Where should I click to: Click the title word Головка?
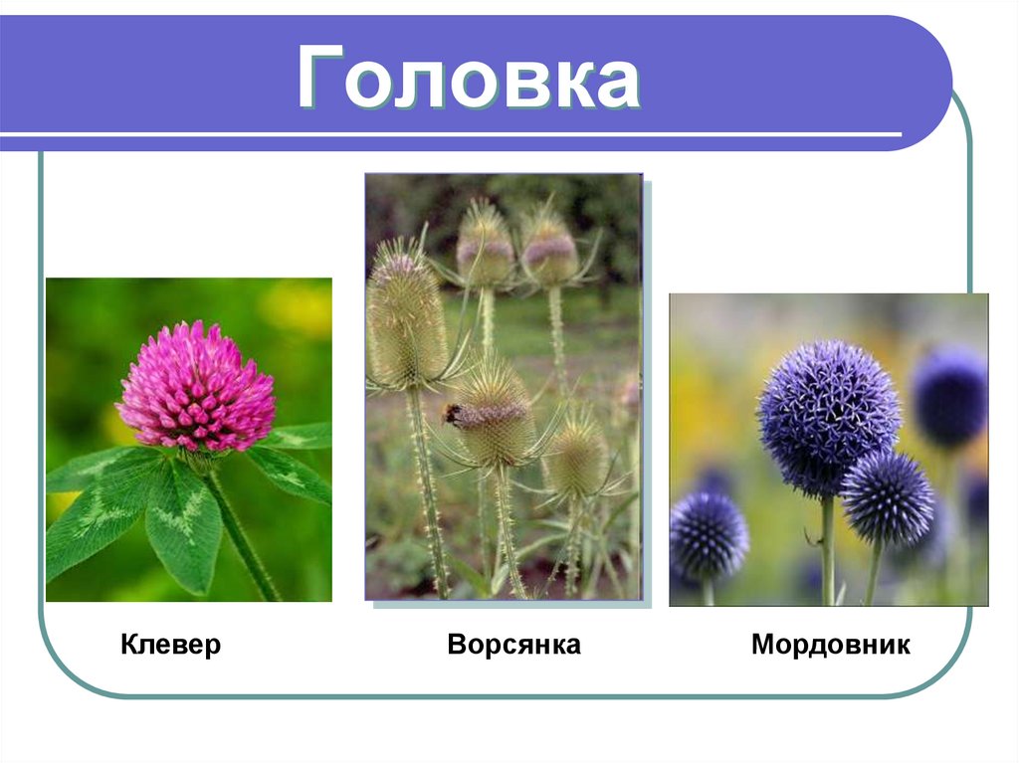click(x=468, y=80)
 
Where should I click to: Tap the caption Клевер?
click(x=170, y=645)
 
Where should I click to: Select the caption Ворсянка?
click(x=513, y=645)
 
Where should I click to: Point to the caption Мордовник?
click(x=830, y=645)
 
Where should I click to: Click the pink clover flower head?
click(x=196, y=388)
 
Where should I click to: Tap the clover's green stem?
click(x=242, y=537)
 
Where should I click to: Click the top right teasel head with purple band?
click(x=548, y=249)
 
